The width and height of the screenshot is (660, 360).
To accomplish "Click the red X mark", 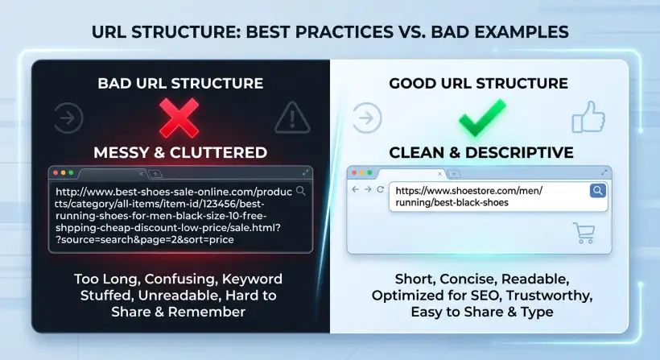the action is tap(179, 118).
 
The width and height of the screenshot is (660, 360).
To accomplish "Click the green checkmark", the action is tap(482, 118).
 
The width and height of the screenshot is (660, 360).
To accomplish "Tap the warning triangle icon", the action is tap(292, 118).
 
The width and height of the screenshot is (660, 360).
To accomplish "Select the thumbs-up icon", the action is tap(588, 117).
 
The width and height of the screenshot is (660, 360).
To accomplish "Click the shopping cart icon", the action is tap(584, 233).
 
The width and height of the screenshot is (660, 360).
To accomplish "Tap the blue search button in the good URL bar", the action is tap(598, 190).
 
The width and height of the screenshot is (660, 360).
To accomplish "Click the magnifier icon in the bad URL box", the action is tap(300, 191).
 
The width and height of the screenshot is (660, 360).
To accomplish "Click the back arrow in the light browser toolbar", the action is tap(355, 189).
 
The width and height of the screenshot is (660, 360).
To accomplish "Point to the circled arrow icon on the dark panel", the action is tap(68, 118).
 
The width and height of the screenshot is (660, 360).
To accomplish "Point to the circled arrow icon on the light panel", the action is tap(366, 118).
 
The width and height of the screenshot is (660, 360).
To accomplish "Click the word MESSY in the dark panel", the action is tap(121, 152).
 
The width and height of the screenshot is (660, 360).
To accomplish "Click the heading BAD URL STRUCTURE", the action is tap(180, 84).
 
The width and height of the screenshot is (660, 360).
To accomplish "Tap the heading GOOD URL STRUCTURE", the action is tap(479, 84).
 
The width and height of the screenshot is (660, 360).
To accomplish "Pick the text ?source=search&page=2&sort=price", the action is tap(144, 239).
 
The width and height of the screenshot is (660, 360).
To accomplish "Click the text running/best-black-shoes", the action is tap(452, 202).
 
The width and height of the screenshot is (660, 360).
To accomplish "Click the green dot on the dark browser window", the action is tap(71, 172).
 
